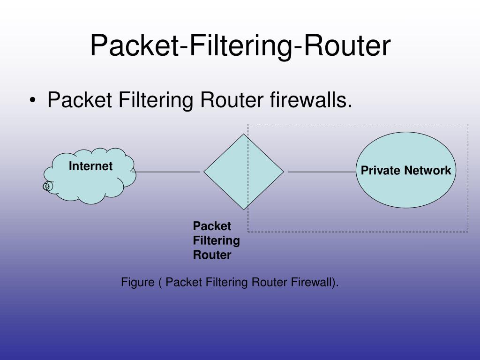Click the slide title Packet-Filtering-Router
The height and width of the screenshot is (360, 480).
click(240, 46)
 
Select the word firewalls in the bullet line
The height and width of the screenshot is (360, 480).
click(311, 100)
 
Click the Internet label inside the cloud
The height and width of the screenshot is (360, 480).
click(90, 166)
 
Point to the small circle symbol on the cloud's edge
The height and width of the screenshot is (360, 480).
click(47, 187)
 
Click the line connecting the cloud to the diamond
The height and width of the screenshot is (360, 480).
click(166, 172)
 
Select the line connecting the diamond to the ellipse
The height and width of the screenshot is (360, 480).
click(322, 172)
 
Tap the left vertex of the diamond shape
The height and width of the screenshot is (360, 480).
click(204, 172)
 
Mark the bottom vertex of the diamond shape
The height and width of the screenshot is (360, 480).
click(244, 209)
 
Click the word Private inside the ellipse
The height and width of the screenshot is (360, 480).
click(380, 170)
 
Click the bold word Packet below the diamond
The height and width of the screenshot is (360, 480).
click(212, 226)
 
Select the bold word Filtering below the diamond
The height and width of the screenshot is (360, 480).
click(216, 240)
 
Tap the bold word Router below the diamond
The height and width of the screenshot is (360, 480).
click(212, 255)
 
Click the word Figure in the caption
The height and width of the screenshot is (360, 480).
click(137, 282)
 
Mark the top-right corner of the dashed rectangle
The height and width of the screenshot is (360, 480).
click(468, 124)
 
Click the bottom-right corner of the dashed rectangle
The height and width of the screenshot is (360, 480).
click(468, 232)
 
